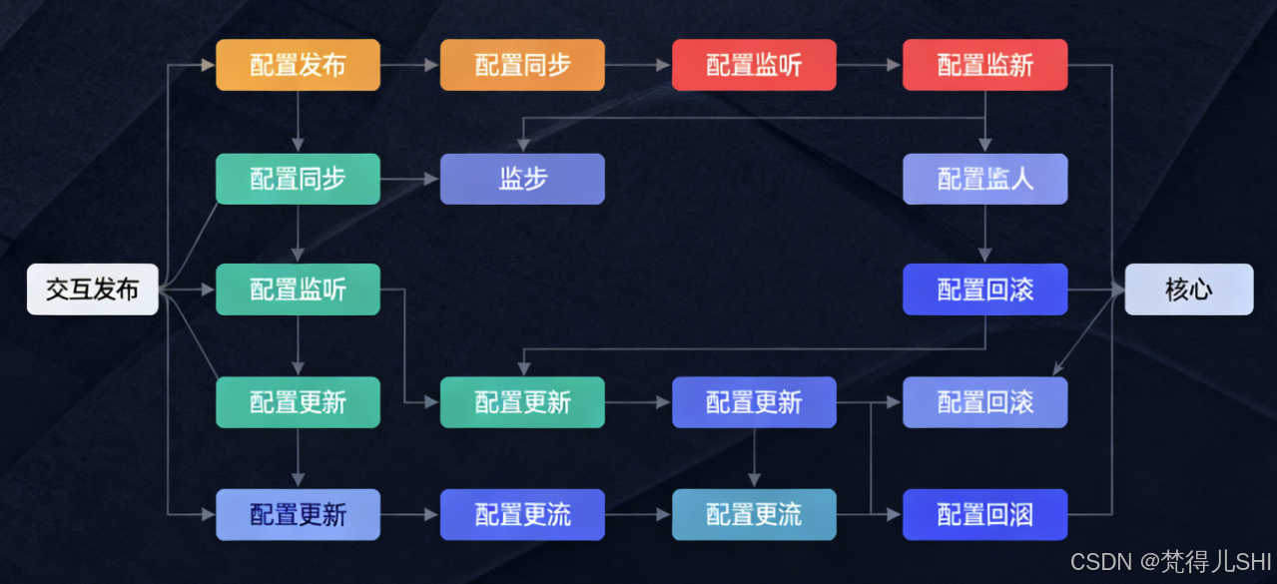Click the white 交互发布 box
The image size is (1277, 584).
click(x=92, y=290)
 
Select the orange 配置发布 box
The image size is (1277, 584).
click(x=298, y=65)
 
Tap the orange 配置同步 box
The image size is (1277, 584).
click(x=522, y=65)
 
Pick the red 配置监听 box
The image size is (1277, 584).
click(x=754, y=65)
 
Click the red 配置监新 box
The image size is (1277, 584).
click(x=984, y=65)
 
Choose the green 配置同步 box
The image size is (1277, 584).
click(x=298, y=179)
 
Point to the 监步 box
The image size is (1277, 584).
click(x=522, y=179)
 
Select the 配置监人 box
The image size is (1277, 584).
click(x=984, y=179)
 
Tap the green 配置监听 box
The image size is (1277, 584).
click(x=298, y=290)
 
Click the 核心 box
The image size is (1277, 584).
click(x=1188, y=290)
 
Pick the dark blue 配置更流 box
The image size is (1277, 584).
click(x=522, y=515)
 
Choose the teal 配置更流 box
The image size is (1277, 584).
click(x=754, y=515)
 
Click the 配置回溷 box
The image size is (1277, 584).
click(x=984, y=515)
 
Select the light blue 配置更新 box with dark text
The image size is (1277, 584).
click(x=298, y=515)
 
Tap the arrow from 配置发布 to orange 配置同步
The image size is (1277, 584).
click(x=409, y=65)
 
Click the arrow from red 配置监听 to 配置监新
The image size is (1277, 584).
click(x=869, y=65)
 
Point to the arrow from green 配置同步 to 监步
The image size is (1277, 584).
click(x=409, y=180)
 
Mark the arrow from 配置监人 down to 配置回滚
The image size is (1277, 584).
click(x=985, y=234)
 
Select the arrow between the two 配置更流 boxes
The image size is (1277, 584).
click(x=638, y=515)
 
